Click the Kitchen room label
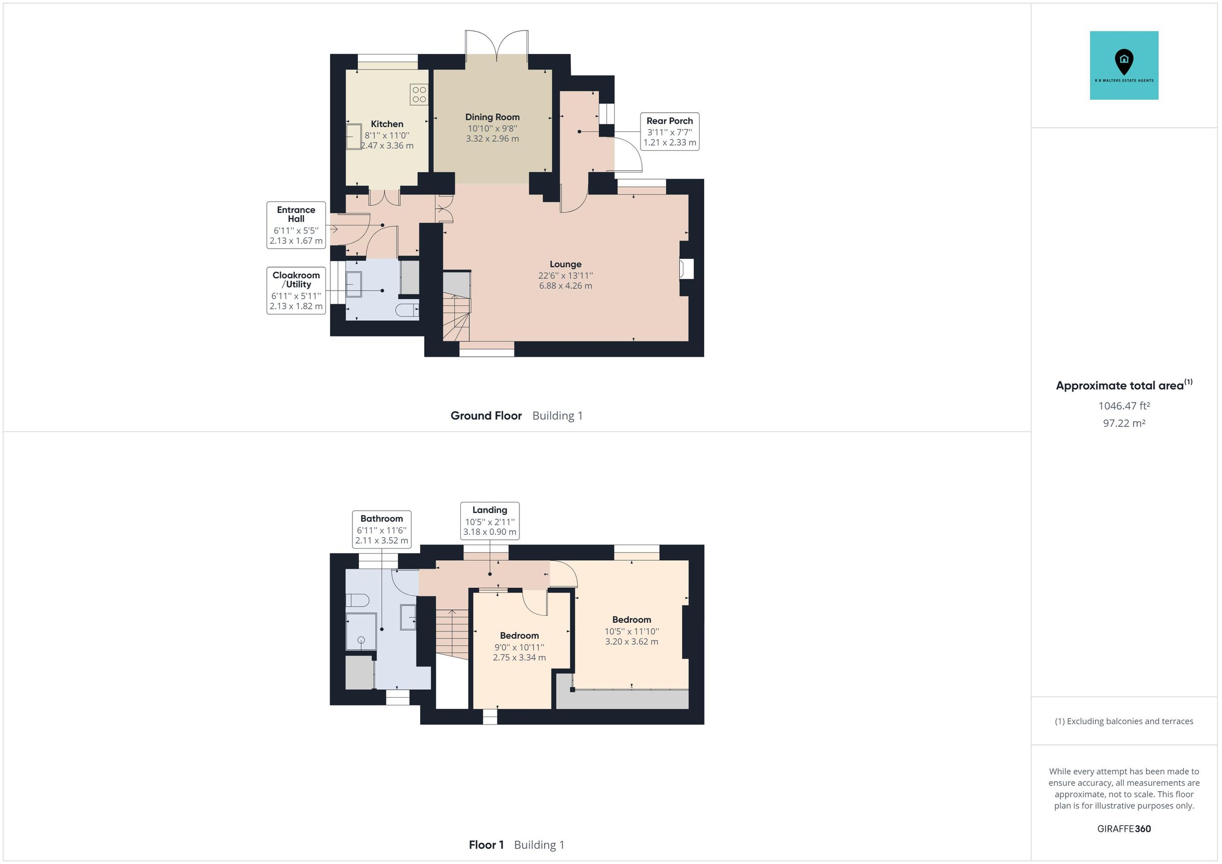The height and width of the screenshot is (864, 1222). tap(386, 124)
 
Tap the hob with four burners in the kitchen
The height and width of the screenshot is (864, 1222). tap(419, 94)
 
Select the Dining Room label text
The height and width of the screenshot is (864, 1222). tap(492, 117)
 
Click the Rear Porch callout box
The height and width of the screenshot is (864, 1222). tap(670, 131)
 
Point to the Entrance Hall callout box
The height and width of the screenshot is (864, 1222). tap(296, 224)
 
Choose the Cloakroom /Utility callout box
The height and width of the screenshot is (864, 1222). tap(296, 291)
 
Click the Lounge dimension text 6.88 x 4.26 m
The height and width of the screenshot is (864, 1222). tap(565, 285)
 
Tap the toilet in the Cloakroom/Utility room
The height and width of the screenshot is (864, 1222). tap(408, 310)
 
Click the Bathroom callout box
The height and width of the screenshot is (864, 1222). tap(381, 529)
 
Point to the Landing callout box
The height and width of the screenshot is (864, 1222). tap(490, 521)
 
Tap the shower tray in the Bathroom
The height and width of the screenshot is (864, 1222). tap(361, 631)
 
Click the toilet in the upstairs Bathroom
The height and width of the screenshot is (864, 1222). tap(357, 600)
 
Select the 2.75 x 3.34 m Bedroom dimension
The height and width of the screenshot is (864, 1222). tap(519, 657)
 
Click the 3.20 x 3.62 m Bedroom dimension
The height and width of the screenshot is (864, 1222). tap(631, 642)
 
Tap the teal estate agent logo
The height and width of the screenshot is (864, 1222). tap(1124, 66)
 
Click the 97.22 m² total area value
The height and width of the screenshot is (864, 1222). tap(1124, 423)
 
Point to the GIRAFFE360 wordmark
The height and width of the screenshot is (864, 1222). tap(1124, 828)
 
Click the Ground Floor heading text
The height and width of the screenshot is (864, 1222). tap(486, 416)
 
